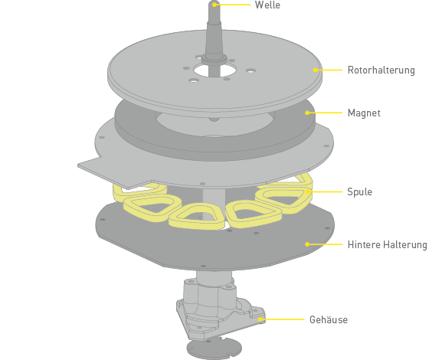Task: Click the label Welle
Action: click(x=267, y=5)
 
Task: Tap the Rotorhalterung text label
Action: click(x=382, y=70)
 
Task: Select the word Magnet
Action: click(x=364, y=113)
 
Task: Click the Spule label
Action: click(x=359, y=191)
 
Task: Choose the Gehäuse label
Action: click(x=329, y=319)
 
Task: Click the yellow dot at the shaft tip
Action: click(x=215, y=5)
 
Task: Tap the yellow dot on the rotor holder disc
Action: click(x=315, y=70)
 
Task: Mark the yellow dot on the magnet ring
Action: click(x=307, y=113)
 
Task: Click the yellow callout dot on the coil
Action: click(x=308, y=191)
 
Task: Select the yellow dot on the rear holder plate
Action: click(x=307, y=244)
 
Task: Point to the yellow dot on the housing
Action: click(x=260, y=319)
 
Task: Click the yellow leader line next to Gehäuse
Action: click(x=283, y=319)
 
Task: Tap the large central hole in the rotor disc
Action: click(x=215, y=70)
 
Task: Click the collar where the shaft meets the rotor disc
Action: click(x=215, y=58)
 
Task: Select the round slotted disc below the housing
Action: click(x=215, y=349)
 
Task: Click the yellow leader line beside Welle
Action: click(x=233, y=5)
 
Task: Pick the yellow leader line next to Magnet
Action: click(x=325, y=113)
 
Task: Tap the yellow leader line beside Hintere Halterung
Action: click(x=325, y=244)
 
